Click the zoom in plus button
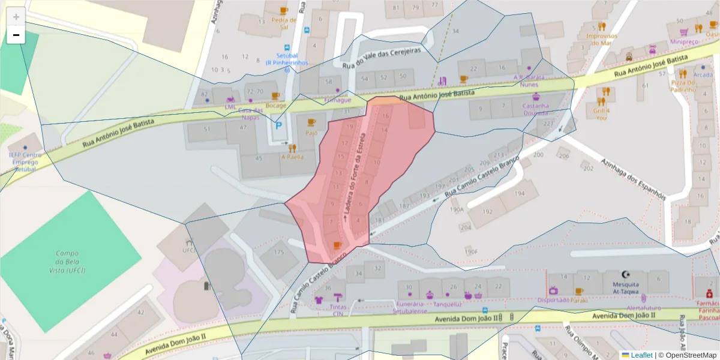pos(16,17)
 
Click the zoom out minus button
pos(16,35)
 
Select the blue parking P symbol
pos(278,126)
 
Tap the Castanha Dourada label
pos(536,109)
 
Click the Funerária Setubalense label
pos(410,307)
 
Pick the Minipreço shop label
pos(684,42)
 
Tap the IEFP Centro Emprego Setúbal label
pos(25,162)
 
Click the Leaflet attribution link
pos(641,355)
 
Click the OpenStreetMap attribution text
pos(690,355)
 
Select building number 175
pos(278,253)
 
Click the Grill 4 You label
pos(601,113)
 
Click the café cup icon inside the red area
pos(337,245)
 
